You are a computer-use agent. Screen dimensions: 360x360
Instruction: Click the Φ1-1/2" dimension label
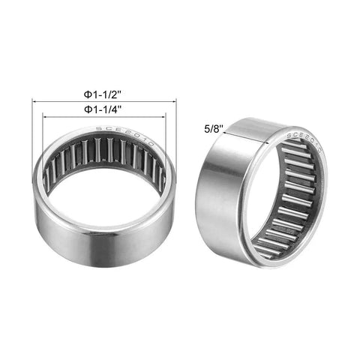[x=104, y=95]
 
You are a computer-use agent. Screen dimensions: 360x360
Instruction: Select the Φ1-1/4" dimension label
[x=104, y=109]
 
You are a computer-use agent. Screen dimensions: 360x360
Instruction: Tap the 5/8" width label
[x=214, y=129]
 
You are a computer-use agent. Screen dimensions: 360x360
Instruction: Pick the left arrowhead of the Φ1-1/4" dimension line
[x=46, y=116]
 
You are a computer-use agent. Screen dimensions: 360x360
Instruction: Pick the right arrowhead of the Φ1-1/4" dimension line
[x=163, y=116]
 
